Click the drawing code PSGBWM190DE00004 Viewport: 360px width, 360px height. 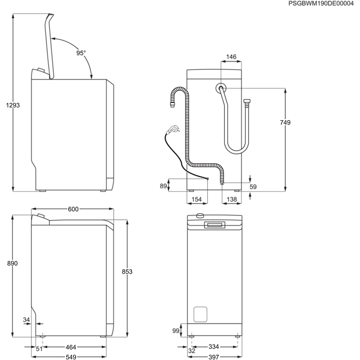pyautogui.click(x=321, y=3)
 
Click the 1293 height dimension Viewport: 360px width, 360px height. pyautogui.click(x=13, y=105)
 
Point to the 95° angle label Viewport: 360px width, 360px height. pyautogui.click(x=81, y=53)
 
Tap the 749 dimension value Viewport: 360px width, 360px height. pyautogui.click(x=285, y=122)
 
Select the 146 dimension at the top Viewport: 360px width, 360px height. pyautogui.click(x=231, y=56)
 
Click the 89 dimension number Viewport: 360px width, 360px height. pyautogui.click(x=163, y=186)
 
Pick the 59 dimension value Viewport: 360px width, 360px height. pyautogui.click(x=253, y=187)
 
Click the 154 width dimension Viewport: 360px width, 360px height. pyautogui.click(x=197, y=199)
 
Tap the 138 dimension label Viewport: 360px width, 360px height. pyautogui.click(x=232, y=199)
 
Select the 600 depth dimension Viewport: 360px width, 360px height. pyautogui.click(x=73, y=209)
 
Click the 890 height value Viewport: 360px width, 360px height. pyautogui.click(x=12, y=263)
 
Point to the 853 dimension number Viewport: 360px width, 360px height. pyautogui.click(x=127, y=271)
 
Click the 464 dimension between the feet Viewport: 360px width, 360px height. pyautogui.click(x=71, y=347)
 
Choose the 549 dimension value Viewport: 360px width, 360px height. pyautogui.click(x=71, y=357)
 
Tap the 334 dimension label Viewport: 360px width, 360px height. pyautogui.click(x=214, y=347)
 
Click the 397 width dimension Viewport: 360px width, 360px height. pyautogui.click(x=214, y=357)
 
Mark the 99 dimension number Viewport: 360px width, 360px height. pyautogui.click(x=176, y=331)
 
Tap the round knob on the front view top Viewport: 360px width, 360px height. pyautogui.click(x=200, y=215)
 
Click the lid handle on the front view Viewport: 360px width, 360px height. pyautogui.click(x=215, y=225)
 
